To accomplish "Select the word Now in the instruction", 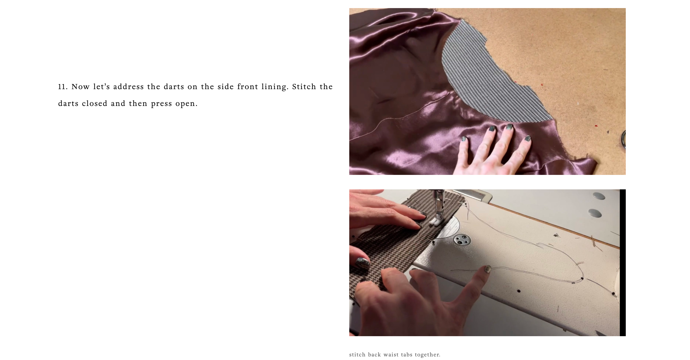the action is pos(81,87).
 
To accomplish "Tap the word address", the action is pos(128,87).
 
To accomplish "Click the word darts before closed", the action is pos(68,104).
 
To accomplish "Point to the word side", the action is pos(225,87).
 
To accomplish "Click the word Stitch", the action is pos(304,87).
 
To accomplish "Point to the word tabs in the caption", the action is pos(407,355).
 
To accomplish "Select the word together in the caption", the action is pos(428,355).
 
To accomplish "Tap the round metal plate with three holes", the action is pos(462,239).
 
